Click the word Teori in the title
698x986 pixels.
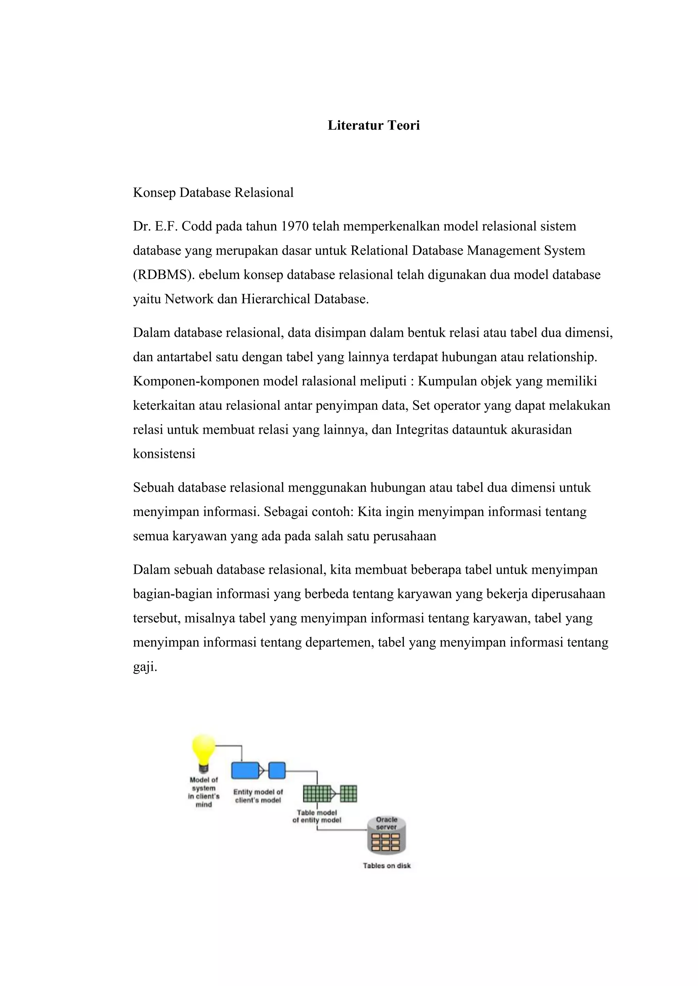tap(404, 125)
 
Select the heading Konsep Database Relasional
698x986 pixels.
tap(213, 193)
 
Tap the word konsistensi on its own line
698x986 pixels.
tap(164, 454)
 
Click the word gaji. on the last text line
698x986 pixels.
tap(145, 667)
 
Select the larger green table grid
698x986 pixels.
tap(317, 794)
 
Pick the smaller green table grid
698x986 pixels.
tap(349, 794)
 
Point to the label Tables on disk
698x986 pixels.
tap(387, 866)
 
